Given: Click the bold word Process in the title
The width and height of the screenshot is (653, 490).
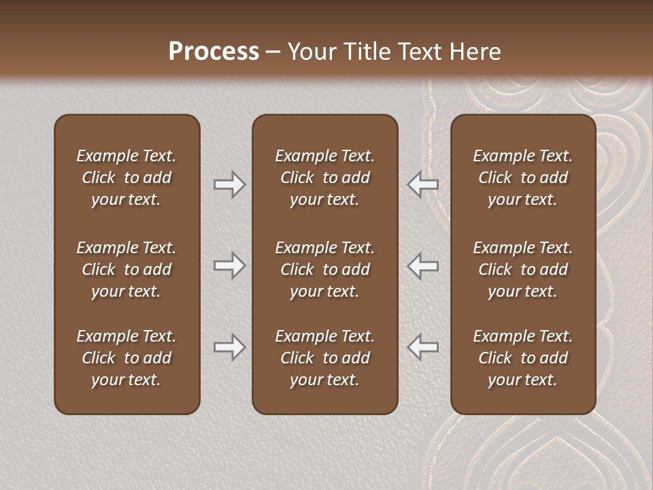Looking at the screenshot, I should click(214, 52).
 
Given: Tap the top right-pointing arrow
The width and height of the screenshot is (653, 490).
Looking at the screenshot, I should click(229, 184).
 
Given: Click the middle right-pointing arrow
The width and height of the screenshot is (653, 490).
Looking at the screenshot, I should click(229, 265).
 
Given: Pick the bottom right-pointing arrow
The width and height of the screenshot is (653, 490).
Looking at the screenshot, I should click(229, 347).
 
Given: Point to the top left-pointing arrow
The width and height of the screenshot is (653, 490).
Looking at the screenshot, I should click(423, 184).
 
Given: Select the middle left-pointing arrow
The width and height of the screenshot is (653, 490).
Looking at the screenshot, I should click(423, 265).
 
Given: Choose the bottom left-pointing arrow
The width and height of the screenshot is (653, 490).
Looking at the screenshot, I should click(423, 347).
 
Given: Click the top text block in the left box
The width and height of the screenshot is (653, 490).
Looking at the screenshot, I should click(127, 178).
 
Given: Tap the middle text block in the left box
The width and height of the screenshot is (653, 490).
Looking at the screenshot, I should click(127, 269).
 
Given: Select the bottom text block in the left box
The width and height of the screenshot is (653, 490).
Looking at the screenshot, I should click(127, 358).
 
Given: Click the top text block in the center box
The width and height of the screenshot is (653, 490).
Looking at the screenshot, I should click(324, 178).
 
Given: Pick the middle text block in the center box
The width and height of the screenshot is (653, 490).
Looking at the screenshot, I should click(324, 269).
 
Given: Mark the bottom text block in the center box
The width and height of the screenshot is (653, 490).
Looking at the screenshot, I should click(324, 358).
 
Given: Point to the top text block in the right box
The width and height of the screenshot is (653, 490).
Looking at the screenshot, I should click(522, 178).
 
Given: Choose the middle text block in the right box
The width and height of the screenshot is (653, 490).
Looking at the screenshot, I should click(522, 269).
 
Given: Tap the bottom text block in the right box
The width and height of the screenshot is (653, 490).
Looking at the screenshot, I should click(522, 358).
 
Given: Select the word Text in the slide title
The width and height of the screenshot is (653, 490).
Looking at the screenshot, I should click(419, 52).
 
